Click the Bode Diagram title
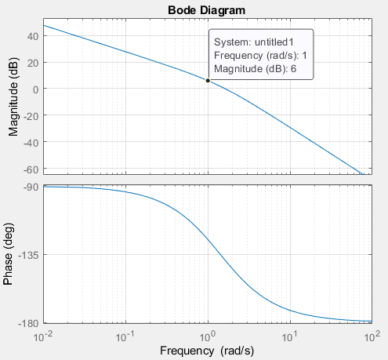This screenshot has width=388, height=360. point(206,9)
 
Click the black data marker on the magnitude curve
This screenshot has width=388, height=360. point(208,81)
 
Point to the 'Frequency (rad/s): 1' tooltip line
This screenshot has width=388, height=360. point(260,55)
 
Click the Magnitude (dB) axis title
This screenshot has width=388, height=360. point(13,100)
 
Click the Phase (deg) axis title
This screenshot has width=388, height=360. point(13,254)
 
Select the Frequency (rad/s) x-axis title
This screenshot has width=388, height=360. point(208,351)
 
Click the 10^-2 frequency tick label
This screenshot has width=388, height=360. point(44,336)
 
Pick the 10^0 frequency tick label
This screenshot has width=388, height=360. point(208,336)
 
